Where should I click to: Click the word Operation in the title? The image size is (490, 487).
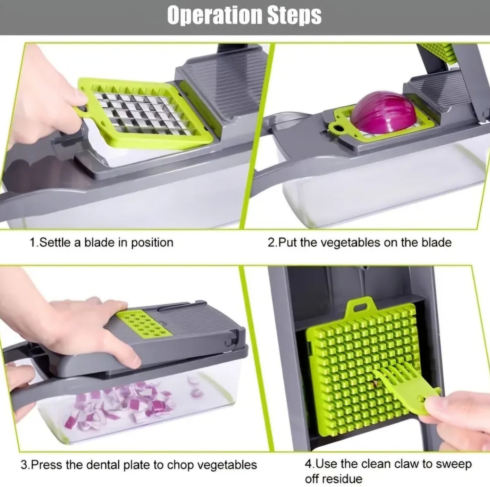point(215,15)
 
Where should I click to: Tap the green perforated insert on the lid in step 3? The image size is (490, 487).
point(144,324)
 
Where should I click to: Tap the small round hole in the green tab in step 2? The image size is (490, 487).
point(336,128)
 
